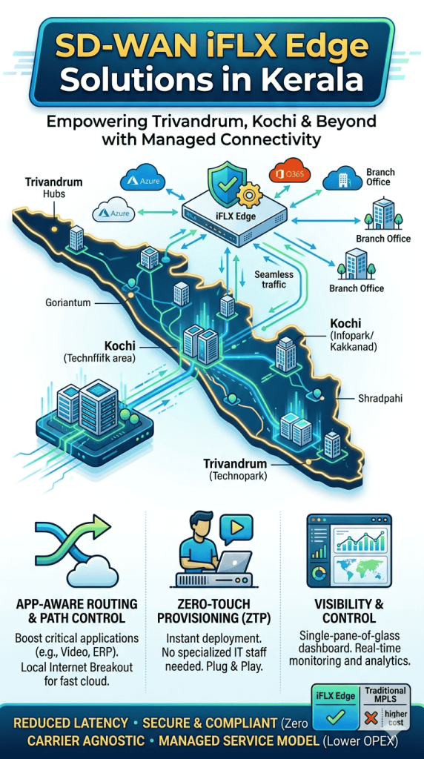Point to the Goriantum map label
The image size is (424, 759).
pyautogui.click(x=67, y=303)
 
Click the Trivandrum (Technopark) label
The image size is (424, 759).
pyautogui.click(x=235, y=470)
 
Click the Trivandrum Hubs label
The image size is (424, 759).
pyautogui.click(x=53, y=188)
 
